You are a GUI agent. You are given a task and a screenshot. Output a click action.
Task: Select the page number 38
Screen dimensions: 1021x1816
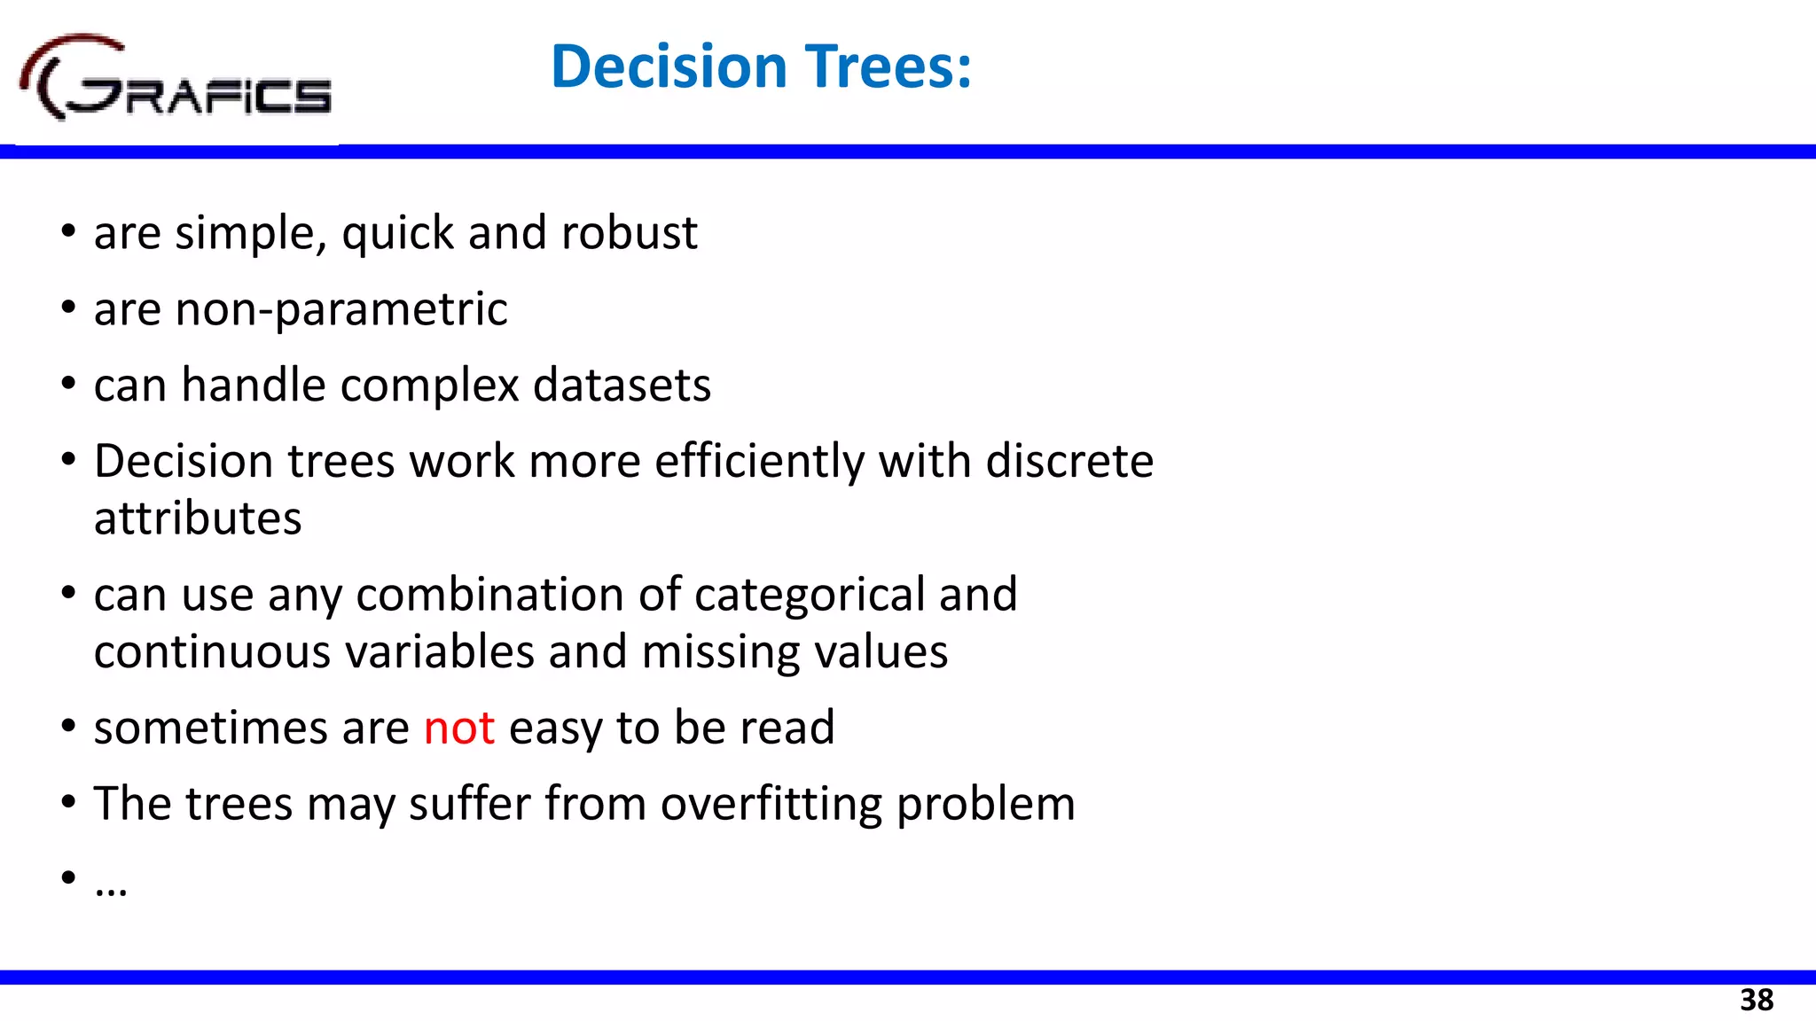pyautogui.click(x=1756, y=1000)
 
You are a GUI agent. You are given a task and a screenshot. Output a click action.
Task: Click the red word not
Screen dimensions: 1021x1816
pyautogui.click(x=458, y=728)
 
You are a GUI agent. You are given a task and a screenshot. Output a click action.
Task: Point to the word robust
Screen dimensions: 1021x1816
pyautogui.click(x=629, y=233)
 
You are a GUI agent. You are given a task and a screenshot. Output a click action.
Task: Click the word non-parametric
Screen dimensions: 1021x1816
pyautogui.click(x=341, y=310)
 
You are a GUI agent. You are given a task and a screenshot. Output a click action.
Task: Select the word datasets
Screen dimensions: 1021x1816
pyautogui.click(x=622, y=386)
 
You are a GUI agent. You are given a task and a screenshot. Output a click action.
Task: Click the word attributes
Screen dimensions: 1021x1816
pyautogui.click(x=198, y=518)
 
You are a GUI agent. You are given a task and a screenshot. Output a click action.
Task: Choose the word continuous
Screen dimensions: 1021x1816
pyautogui.click(x=212, y=652)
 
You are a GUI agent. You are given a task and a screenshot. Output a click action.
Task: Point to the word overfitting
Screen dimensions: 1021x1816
pyautogui.click(x=771, y=804)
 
